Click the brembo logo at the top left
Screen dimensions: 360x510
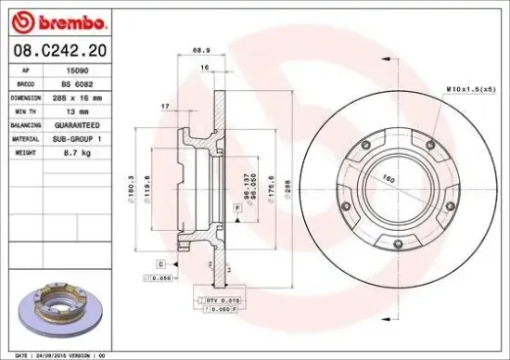click(x=57, y=20)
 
